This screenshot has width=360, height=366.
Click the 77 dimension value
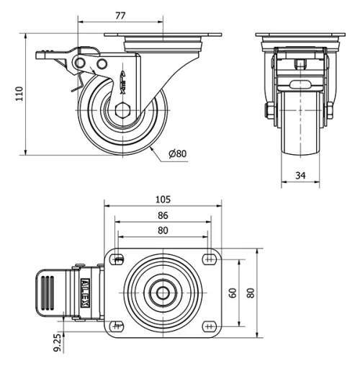point(122,14)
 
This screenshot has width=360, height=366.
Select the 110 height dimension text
point(21,93)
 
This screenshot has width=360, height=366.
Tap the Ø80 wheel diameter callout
point(177,153)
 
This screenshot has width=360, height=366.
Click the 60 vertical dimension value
point(233,293)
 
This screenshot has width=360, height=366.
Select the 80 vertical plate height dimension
point(250,293)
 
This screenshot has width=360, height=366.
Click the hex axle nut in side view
point(120,111)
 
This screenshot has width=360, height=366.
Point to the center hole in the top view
point(164,293)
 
